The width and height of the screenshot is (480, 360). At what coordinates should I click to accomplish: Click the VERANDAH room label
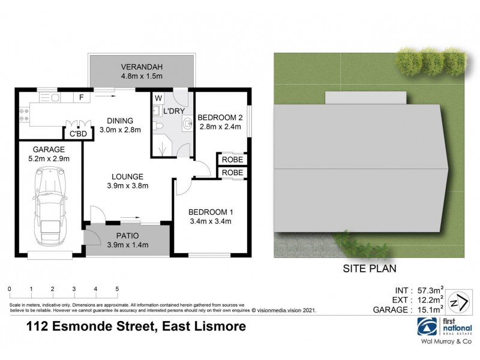coord(142,67)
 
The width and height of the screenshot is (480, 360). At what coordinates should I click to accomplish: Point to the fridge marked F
coord(80,97)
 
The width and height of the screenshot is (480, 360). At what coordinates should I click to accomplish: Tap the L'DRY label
coord(172,111)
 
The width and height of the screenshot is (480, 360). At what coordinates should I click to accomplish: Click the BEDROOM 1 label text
coord(210,212)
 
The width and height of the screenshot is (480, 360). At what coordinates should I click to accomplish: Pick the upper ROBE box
coord(232,160)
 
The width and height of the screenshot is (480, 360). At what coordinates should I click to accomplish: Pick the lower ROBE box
coord(232,173)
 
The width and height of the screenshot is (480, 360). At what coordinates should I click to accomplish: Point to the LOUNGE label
coord(126,176)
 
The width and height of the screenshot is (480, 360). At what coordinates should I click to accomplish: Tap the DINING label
coord(120,120)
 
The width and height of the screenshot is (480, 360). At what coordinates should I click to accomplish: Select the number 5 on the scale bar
coord(116,289)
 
